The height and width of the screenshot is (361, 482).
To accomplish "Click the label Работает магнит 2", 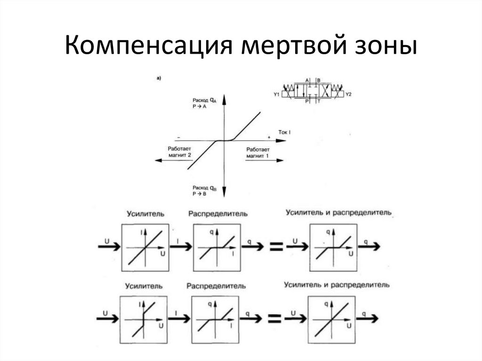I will pos(179,151).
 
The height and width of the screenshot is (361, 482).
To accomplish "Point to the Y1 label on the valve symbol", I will pos(277,95).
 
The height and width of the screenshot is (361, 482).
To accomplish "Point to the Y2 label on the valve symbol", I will pos(349,95).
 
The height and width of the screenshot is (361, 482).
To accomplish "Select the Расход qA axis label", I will pos(204,103).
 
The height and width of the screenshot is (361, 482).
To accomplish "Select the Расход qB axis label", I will pos(204,191).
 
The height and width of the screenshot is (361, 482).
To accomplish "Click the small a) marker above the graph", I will pos(159,79).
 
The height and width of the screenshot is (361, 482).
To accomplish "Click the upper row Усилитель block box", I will pos(145,248).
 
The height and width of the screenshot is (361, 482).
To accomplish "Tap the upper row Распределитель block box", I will pos(217,248).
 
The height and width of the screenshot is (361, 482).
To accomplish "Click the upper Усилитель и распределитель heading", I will pos(338,213).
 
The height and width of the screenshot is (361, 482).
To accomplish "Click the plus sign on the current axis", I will pos(268,136).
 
